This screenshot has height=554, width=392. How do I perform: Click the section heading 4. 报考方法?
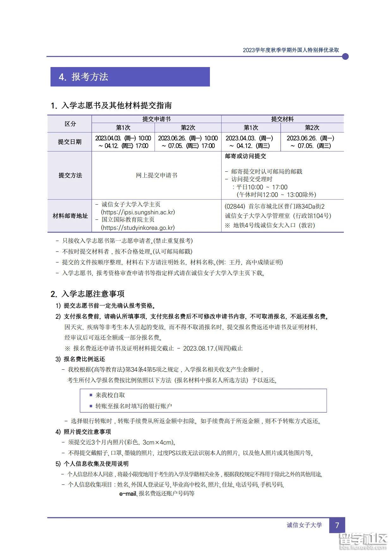(84, 77)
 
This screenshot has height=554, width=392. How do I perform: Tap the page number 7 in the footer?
(337, 525)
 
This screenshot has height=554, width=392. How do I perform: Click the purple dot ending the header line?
(345, 57)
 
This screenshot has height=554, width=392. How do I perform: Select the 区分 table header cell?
(70, 124)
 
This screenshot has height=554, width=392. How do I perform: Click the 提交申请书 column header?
(156, 119)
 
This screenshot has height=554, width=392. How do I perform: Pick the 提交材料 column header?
(282, 119)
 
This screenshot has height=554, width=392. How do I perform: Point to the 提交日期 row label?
(70, 142)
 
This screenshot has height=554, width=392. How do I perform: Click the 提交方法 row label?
(70, 175)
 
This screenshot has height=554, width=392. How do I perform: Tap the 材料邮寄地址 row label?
(70, 216)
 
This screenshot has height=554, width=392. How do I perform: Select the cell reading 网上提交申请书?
(156, 175)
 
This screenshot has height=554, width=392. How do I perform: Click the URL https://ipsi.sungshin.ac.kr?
(138, 212)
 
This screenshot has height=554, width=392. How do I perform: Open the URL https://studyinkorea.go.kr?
(138, 228)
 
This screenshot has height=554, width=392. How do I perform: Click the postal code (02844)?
(235, 206)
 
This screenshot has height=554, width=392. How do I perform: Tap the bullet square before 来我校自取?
(91, 395)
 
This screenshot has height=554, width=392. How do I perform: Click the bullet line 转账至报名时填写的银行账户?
(134, 406)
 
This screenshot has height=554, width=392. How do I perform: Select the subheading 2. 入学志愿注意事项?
(88, 294)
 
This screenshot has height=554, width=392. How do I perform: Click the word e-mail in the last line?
(128, 493)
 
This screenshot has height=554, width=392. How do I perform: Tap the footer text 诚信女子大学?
(304, 525)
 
